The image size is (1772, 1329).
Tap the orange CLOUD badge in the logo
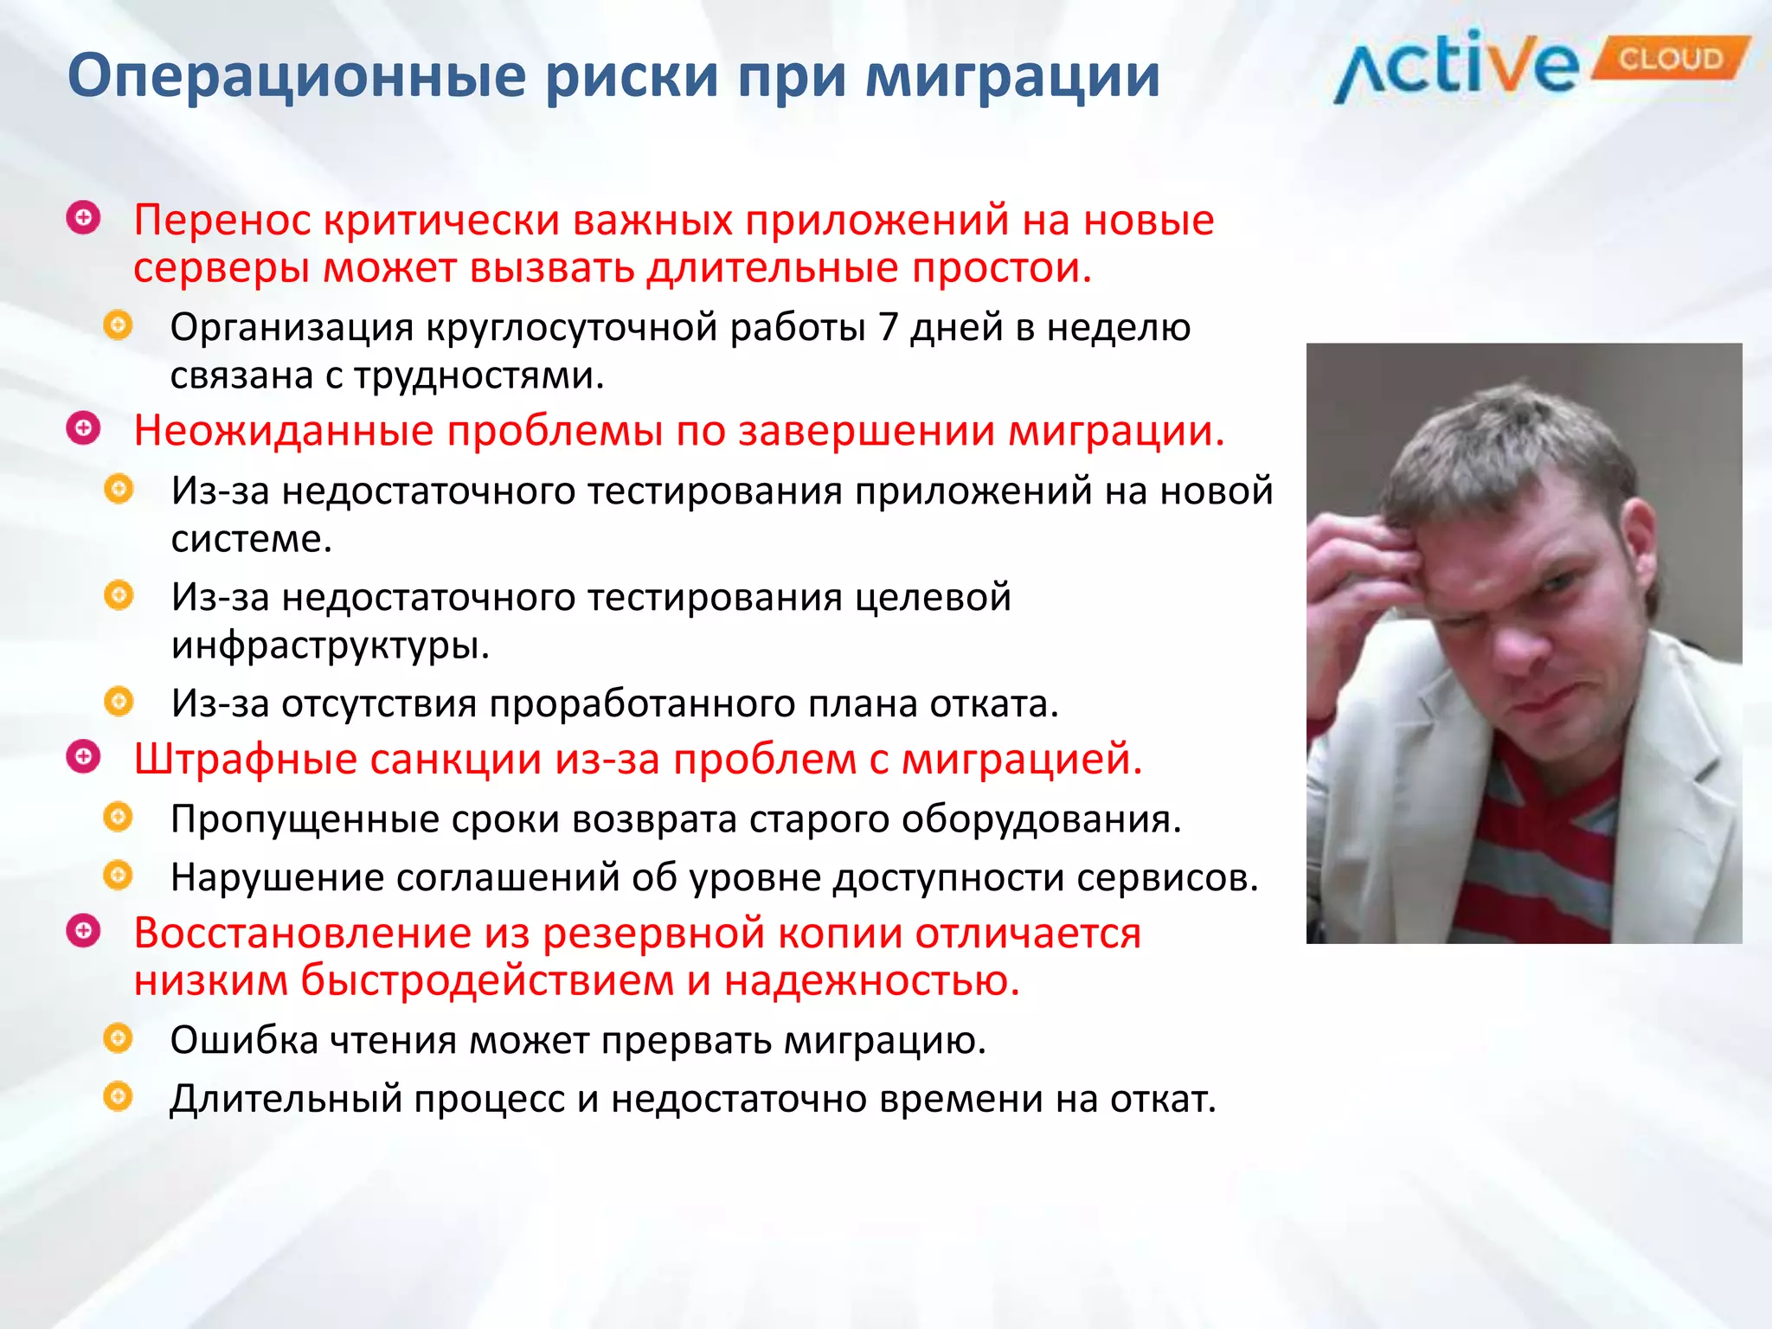(x=1670, y=59)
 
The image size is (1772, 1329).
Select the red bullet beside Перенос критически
(x=83, y=218)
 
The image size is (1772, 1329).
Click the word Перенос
(x=221, y=221)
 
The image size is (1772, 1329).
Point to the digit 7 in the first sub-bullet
(x=888, y=328)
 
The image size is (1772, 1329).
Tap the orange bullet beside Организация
(x=118, y=326)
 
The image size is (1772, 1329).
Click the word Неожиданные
(x=283, y=431)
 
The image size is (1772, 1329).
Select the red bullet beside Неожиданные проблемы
(x=83, y=427)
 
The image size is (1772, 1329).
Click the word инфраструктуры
(x=330, y=645)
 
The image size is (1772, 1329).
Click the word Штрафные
(x=245, y=760)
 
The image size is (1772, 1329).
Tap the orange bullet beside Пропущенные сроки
(x=118, y=817)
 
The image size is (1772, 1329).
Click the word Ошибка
(x=244, y=1041)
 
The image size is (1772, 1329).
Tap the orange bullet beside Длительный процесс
(x=118, y=1097)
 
